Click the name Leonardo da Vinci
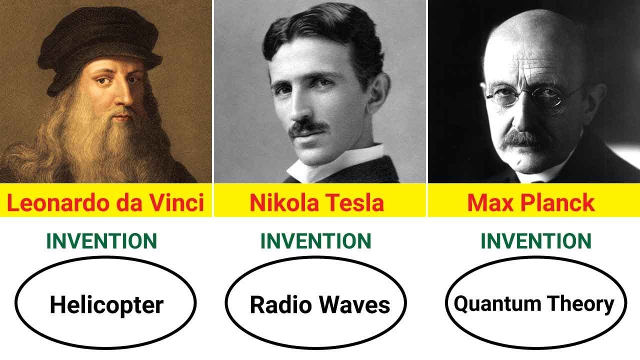pyautogui.click(x=105, y=203)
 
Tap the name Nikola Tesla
pyautogui.click(x=317, y=203)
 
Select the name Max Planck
pyautogui.click(x=531, y=203)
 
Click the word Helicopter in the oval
pyautogui.click(x=106, y=304)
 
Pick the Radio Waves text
pyautogui.click(x=320, y=304)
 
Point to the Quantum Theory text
pyautogui.click(x=533, y=303)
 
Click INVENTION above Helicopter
pyautogui.click(x=101, y=241)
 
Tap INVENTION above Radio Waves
pyautogui.click(x=315, y=241)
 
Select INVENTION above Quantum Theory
pyautogui.click(x=536, y=241)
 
